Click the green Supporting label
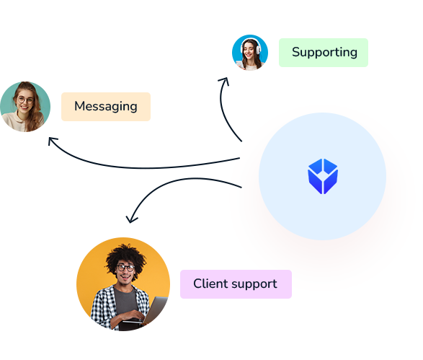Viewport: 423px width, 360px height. [x=323, y=53]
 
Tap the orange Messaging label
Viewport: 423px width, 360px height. [x=106, y=107]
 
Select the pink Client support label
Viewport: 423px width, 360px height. [x=236, y=284]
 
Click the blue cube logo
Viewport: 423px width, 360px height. [x=323, y=176]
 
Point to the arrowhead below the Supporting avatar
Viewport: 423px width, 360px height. [x=224, y=81]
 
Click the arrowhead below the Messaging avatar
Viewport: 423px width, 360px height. [x=53, y=141]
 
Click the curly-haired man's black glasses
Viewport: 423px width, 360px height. [x=125, y=268]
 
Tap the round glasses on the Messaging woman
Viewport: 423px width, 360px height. [x=25, y=100]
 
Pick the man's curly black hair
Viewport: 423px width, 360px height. [x=125, y=258]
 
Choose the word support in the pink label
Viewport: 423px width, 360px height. [x=254, y=285]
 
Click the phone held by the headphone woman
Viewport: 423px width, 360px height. [x=239, y=64]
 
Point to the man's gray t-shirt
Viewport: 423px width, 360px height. [x=125, y=301]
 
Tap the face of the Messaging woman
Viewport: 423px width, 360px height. [x=25, y=101]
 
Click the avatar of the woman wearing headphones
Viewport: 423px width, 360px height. [x=250, y=53]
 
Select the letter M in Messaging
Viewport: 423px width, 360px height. [x=80, y=106]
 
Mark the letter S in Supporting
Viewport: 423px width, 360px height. [x=295, y=52]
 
